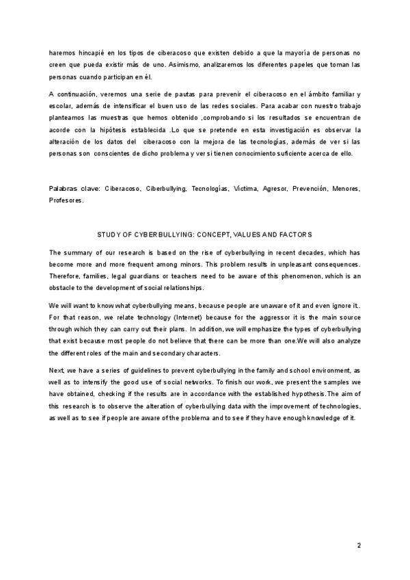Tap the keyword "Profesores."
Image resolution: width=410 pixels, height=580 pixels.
[66, 200]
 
